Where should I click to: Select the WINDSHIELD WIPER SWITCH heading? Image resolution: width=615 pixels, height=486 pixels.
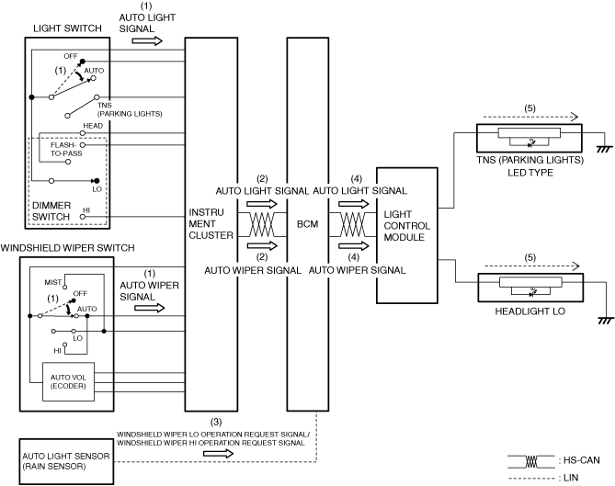[69, 249]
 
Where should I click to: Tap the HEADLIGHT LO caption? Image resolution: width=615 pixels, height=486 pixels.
[514, 311]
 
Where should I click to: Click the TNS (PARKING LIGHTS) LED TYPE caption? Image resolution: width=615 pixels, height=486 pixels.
[529, 166]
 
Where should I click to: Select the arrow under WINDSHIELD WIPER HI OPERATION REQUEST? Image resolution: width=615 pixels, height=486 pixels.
[223, 453]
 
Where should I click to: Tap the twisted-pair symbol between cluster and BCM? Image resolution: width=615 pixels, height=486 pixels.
[261, 223]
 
